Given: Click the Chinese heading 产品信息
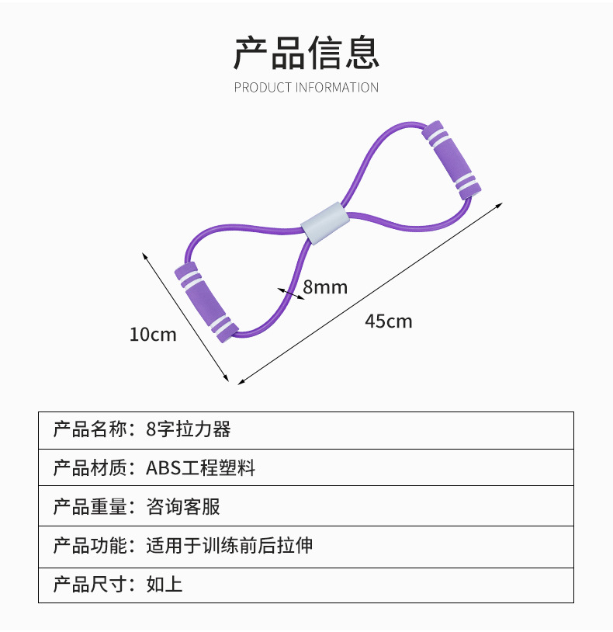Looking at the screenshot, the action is click(x=306, y=52).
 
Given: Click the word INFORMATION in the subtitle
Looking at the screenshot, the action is click(x=337, y=88).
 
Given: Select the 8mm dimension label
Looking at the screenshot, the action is click(x=325, y=287).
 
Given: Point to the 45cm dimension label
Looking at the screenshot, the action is click(x=389, y=321).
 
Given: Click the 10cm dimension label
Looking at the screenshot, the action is click(x=153, y=335).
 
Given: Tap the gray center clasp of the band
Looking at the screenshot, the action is click(x=325, y=224).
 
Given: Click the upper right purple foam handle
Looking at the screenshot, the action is click(x=451, y=160).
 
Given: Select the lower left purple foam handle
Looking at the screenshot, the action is click(x=206, y=302).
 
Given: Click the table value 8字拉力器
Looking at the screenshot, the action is click(x=188, y=429).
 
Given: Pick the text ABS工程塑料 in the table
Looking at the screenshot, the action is click(x=200, y=468).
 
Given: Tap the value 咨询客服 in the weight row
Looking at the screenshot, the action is click(x=183, y=507).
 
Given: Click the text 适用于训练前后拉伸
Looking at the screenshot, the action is click(x=229, y=545).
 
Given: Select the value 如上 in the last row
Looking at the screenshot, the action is click(x=165, y=585).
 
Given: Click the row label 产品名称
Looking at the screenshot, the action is click(x=90, y=429).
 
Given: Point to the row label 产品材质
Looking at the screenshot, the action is click(x=90, y=468).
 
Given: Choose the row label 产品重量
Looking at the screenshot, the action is click(x=90, y=507).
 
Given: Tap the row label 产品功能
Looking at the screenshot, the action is click(x=90, y=545).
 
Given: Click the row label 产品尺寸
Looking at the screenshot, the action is click(x=90, y=585).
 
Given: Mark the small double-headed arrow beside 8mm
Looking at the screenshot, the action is click(x=291, y=293).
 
